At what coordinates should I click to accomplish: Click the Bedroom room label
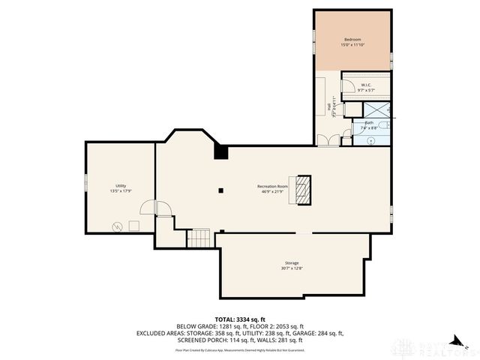[x=352, y=39]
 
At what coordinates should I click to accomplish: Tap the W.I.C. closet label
[x=366, y=85]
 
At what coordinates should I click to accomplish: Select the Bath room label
[x=369, y=122]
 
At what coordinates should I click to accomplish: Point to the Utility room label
[x=120, y=186]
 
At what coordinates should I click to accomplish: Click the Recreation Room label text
[x=272, y=185]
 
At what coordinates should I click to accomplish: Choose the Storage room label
[x=292, y=263]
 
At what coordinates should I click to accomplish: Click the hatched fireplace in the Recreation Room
[x=302, y=190]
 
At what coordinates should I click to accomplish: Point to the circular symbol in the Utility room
[x=117, y=226]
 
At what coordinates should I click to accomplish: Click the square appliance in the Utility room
[x=134, y=225]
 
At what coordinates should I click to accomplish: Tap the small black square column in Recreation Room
[x=221, y=190]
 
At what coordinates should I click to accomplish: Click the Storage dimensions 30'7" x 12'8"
[x=292, y=268]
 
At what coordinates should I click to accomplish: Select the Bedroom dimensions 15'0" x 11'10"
[x=352, y=45]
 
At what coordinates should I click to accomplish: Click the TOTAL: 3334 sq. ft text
[x=240, y=319]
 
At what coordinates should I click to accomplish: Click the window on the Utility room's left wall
[x=85, y=182]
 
